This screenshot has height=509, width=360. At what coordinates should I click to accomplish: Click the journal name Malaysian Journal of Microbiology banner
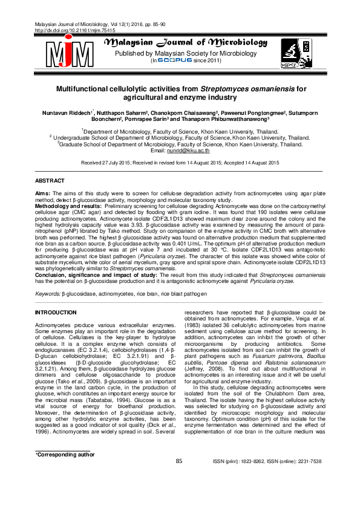186,43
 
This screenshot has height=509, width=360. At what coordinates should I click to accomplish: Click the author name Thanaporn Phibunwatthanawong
223,120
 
